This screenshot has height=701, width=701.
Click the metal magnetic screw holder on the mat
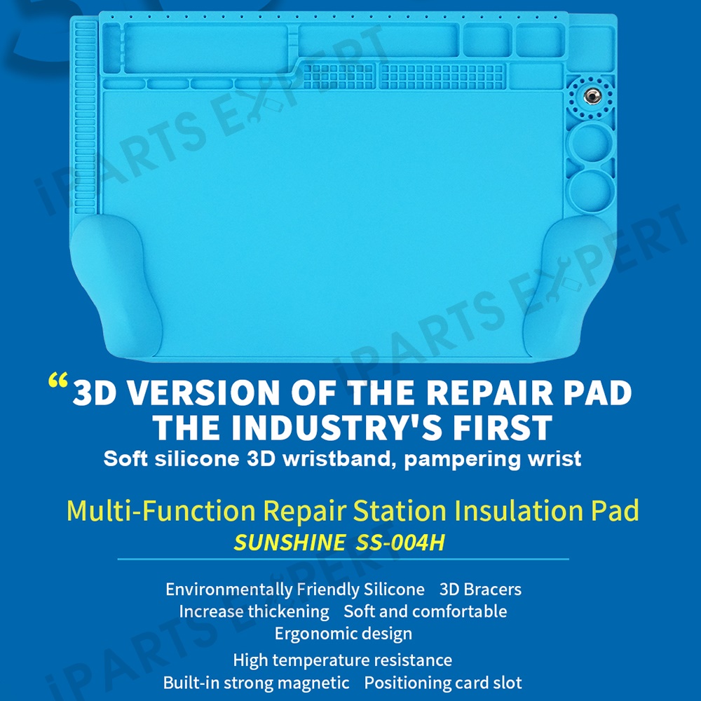pos(592,96)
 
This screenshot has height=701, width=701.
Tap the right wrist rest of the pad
pos(568,286)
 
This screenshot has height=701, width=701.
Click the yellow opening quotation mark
pos(57,380)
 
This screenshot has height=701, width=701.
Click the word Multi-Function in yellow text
pos(161,510)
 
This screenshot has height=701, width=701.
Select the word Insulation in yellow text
pos(519,510)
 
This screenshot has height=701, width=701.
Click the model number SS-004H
pos(400,543)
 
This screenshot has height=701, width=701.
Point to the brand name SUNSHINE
pos(290,543)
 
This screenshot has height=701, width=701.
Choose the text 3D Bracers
pos(481,590)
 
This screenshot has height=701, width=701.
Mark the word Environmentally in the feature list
pos(229,590)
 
